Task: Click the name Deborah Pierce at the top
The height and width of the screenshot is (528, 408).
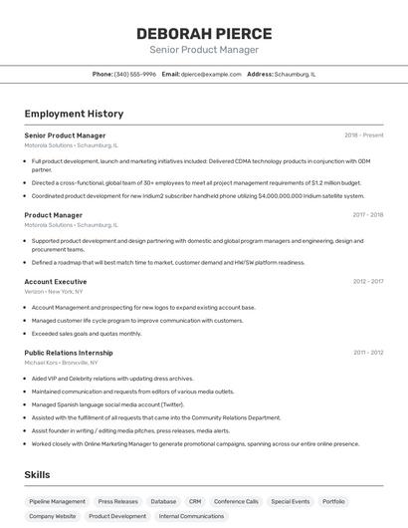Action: [x=204, y=34]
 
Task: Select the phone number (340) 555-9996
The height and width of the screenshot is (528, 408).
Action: [x=135, y=74]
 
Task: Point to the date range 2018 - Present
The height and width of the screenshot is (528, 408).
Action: [x=363, y=134]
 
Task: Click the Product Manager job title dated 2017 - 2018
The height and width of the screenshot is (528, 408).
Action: [x=54, y=214]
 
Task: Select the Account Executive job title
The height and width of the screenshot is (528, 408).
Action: [x=56, y=281]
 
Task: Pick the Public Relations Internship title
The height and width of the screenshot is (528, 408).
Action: [x=69, y=352]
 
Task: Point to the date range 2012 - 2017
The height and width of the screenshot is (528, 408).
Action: [x=367, y=281]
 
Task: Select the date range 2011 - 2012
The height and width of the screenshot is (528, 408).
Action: [x=367, y=352]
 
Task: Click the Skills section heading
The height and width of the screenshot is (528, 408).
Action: [x=37, y=474]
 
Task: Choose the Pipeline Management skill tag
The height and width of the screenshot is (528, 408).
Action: [x=58, y=501]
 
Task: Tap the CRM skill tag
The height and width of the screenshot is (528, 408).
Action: [x=195, y=501]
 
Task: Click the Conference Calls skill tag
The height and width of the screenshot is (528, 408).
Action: [x=236, y=501]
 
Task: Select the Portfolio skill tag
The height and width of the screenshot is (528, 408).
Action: [x=333, y=501]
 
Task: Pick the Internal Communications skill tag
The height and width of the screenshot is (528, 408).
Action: [x=192, y=516]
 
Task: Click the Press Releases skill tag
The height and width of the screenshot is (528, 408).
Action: [x=118, y=501]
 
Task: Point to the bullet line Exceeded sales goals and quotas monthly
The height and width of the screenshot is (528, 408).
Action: [x=87, y=334]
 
